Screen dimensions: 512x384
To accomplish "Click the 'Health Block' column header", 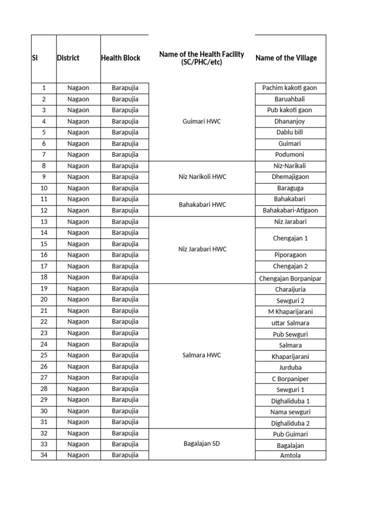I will (x=120, y=58).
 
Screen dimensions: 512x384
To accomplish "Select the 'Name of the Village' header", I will (x=286, y=58).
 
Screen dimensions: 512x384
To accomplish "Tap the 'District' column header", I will (x=68, y=58).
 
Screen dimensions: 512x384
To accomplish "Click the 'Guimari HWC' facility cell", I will (x=201, y=121).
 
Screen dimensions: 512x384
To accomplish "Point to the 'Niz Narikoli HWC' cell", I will (x=201, y=177).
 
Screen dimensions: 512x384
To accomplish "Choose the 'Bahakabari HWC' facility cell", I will (x=201, y=204).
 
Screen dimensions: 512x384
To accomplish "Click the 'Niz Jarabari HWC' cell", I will (x=201, y=249).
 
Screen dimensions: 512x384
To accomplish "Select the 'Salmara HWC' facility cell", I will (x=201, y=355).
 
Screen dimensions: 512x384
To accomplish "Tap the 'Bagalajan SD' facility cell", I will (x=201, y=444).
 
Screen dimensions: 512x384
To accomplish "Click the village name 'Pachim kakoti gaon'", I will (x=289, y=88).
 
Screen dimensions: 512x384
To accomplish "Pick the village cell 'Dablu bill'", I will (x=289, y=132).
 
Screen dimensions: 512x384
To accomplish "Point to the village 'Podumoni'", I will (x=289, y=155).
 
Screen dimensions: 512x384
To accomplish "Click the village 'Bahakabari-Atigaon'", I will (x=290, y=210).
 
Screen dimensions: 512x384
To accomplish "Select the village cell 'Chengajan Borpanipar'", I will (x=290, y=278).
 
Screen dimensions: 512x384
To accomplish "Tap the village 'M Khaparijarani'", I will (x=290, y=312).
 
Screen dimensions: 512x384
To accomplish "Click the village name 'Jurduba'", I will (x=290, y=367).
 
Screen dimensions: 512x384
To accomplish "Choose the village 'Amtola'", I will (x=290, y=455).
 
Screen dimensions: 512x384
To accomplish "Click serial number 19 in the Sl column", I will (x=44, y=288).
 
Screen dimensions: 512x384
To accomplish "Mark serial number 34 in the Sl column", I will (x=44, y=455).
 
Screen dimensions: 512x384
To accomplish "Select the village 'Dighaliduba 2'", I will (x=290, y=423).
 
